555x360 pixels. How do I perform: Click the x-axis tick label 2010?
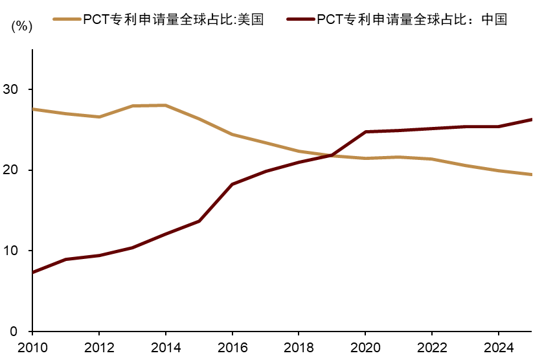[32, 348]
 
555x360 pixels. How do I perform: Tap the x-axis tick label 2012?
[98, 348]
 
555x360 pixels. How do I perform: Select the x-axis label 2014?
[165, 348]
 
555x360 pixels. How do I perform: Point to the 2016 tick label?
[232, 348]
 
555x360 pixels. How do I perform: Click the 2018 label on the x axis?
[299, 348]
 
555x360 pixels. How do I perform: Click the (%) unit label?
[21, 27]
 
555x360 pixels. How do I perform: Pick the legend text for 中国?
[412, 19]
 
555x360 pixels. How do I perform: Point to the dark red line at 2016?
[232, 185]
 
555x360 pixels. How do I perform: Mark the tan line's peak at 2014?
[165, 105]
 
